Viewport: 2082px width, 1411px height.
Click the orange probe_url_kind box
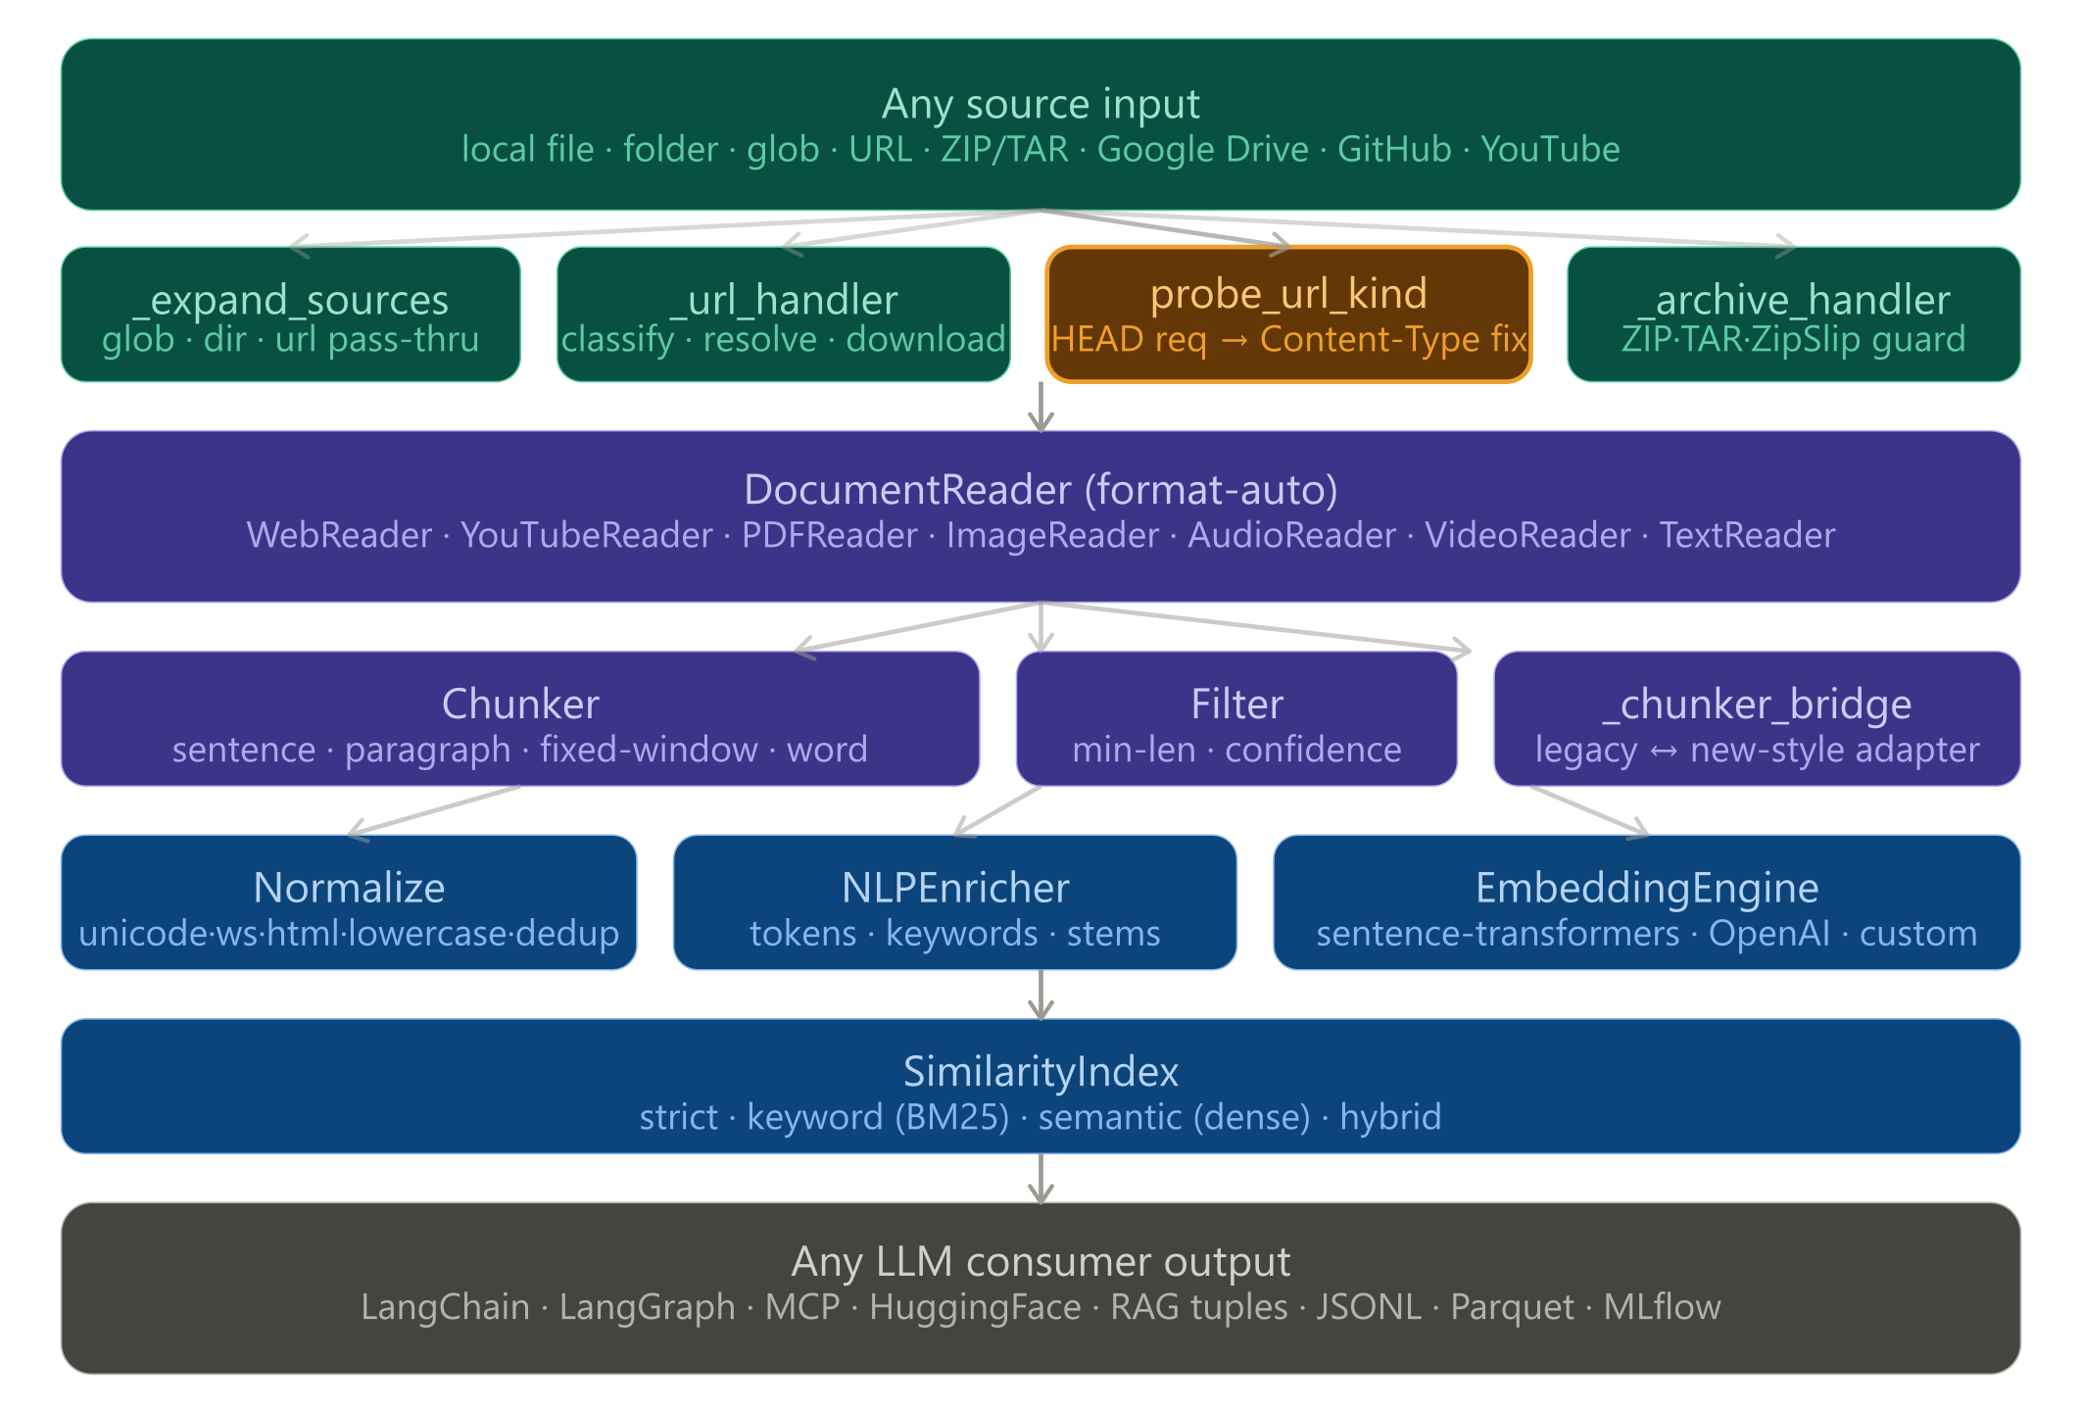point(1288,314)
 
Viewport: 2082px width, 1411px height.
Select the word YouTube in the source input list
point(1550,150)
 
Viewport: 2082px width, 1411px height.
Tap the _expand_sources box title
point(291,300)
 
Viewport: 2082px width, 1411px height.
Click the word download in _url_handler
point(925,340)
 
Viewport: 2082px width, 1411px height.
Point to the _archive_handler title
point(1793,300)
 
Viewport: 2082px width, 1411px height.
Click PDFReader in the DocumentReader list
point(829,536)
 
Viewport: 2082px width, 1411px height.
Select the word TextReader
point(1746,536)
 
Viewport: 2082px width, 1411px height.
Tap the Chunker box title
point(520,705)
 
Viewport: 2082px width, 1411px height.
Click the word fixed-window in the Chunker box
point(649,750)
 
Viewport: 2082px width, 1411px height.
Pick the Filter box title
point(1236,705)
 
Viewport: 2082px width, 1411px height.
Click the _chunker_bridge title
point(1757,705)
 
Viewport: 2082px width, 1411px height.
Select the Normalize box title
point(349,889)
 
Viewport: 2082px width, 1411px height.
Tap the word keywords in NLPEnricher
point(961,934)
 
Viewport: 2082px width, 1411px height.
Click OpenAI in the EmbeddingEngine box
point(1768,934)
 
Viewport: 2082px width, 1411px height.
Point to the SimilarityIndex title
point(1041,1072)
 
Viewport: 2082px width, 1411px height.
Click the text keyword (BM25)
point(878,1118)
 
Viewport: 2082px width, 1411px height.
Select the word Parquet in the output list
point(1512,1307)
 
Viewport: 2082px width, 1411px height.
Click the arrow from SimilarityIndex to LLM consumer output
point(1041,1179)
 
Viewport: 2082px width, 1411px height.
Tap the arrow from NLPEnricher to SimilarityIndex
point(1041,995)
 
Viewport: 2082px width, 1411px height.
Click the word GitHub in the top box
point(1394,150)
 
